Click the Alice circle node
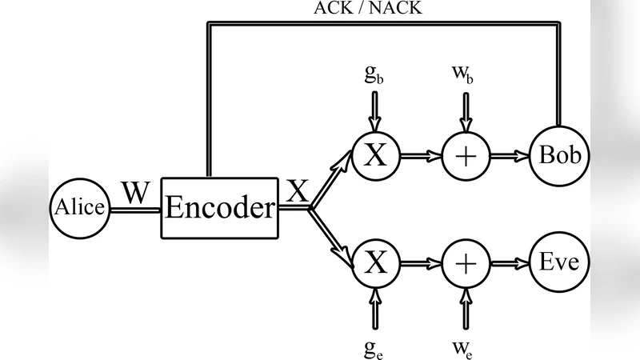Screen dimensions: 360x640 [79, 208]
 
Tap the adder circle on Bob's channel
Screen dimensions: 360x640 [465, 155]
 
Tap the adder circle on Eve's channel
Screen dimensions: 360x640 [465, 262]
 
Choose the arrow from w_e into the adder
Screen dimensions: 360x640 [465, 306]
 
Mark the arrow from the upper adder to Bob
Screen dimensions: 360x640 [510, 155]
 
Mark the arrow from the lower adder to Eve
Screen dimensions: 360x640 [510, 262]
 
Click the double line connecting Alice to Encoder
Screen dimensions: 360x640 [134, 210]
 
